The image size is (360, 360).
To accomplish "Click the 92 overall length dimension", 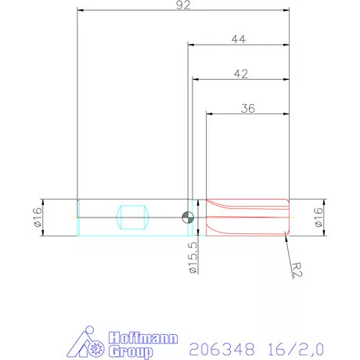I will click(x=183, y=5).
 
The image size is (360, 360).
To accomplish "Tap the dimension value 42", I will click(x=241, y=74).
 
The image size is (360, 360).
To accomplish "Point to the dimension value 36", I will click(x=248, y=109).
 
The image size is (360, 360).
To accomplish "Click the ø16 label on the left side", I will click(x=37, y=216).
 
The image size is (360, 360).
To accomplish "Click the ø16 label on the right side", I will click(x=319, y=216).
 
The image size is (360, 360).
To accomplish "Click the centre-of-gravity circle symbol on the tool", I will click(x=187, y=217).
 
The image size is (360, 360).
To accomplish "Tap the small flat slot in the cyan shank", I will click(x=131, y=217).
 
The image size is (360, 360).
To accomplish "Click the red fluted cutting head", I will click(x=247, y=217).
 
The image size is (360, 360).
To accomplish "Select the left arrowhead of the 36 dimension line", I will click(x=209, y=114).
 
